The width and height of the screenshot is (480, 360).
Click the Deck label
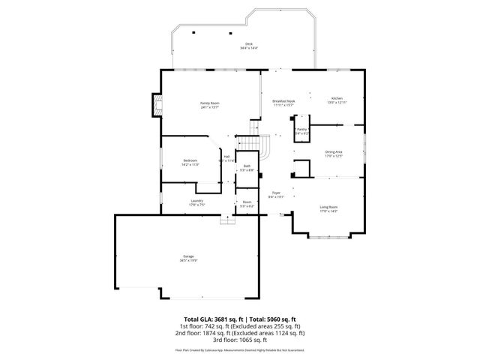[244, 44]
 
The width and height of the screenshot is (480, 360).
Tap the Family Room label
[209, 103]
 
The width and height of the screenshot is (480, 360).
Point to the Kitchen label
[337, 99]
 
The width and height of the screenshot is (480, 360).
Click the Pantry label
[301, 129]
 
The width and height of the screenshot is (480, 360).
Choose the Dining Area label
[334, 151]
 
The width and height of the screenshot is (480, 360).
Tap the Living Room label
[328, 207]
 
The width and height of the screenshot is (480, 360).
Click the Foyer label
[276, 193]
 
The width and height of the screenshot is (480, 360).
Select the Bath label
[247, 166]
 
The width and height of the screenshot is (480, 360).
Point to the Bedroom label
[190, 160]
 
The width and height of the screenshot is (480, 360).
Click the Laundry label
[197, 200]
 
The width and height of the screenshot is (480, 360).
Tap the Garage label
[188, 256]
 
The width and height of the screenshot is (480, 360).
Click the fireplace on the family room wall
[156, 105]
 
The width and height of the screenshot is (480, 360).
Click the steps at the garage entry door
[225, 220]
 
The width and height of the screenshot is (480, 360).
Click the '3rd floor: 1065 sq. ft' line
[240, 340]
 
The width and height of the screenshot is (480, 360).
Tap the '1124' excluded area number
[287, 333]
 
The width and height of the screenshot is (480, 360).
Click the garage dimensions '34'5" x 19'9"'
[188, 260]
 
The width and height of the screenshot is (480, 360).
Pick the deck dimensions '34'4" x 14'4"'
[244, 49]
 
